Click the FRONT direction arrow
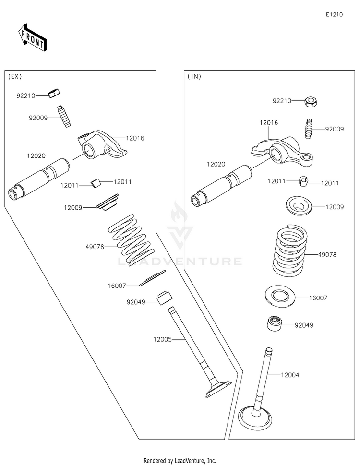32,37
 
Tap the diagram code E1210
334,14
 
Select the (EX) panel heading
15,76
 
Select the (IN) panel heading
194,76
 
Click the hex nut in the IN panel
311,102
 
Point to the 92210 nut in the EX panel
54,93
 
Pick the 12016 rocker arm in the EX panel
102,145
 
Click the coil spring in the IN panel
290,250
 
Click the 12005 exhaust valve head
218,389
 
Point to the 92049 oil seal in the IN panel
275,323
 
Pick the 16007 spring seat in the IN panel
280,296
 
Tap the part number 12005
163,339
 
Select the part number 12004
290,375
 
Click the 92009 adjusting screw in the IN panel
309,129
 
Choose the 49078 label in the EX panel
95,247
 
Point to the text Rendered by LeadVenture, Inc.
180,461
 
